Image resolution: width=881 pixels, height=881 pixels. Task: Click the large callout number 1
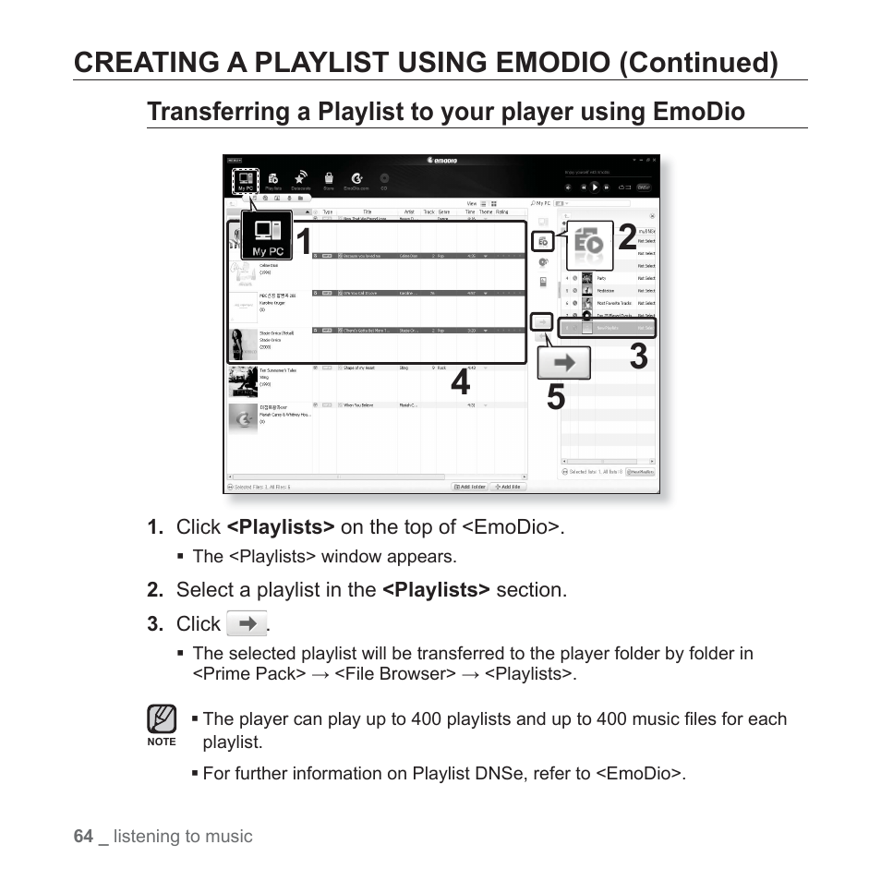(x=302, y=242)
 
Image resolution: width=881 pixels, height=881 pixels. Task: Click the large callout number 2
(x=627, y=238)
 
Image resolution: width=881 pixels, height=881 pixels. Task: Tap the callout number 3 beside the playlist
(x=638, y=356)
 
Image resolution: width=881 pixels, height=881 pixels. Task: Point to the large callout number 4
(x=460, y=381)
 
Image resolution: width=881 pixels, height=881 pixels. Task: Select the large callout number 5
(x=555, y=397)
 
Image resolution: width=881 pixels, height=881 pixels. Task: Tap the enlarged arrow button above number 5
(x=564, y=363)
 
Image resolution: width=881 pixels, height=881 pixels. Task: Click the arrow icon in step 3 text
(x=247, y=624)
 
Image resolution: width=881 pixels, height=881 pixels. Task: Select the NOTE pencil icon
(x=162, y=719)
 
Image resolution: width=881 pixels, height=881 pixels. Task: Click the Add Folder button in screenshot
(x=469, y=486)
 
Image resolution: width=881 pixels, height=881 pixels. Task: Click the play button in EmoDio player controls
(x=595, y=187)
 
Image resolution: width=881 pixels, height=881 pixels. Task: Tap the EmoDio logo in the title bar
(x=443, y=160)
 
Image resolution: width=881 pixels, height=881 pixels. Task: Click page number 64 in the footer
(x=83, y=836)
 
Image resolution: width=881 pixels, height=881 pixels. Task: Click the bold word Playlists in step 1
(x=281, y=526)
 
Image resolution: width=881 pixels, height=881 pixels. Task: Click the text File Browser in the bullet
(x=394, y=674)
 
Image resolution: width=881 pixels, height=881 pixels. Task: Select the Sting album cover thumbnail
(x=243, y=380)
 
